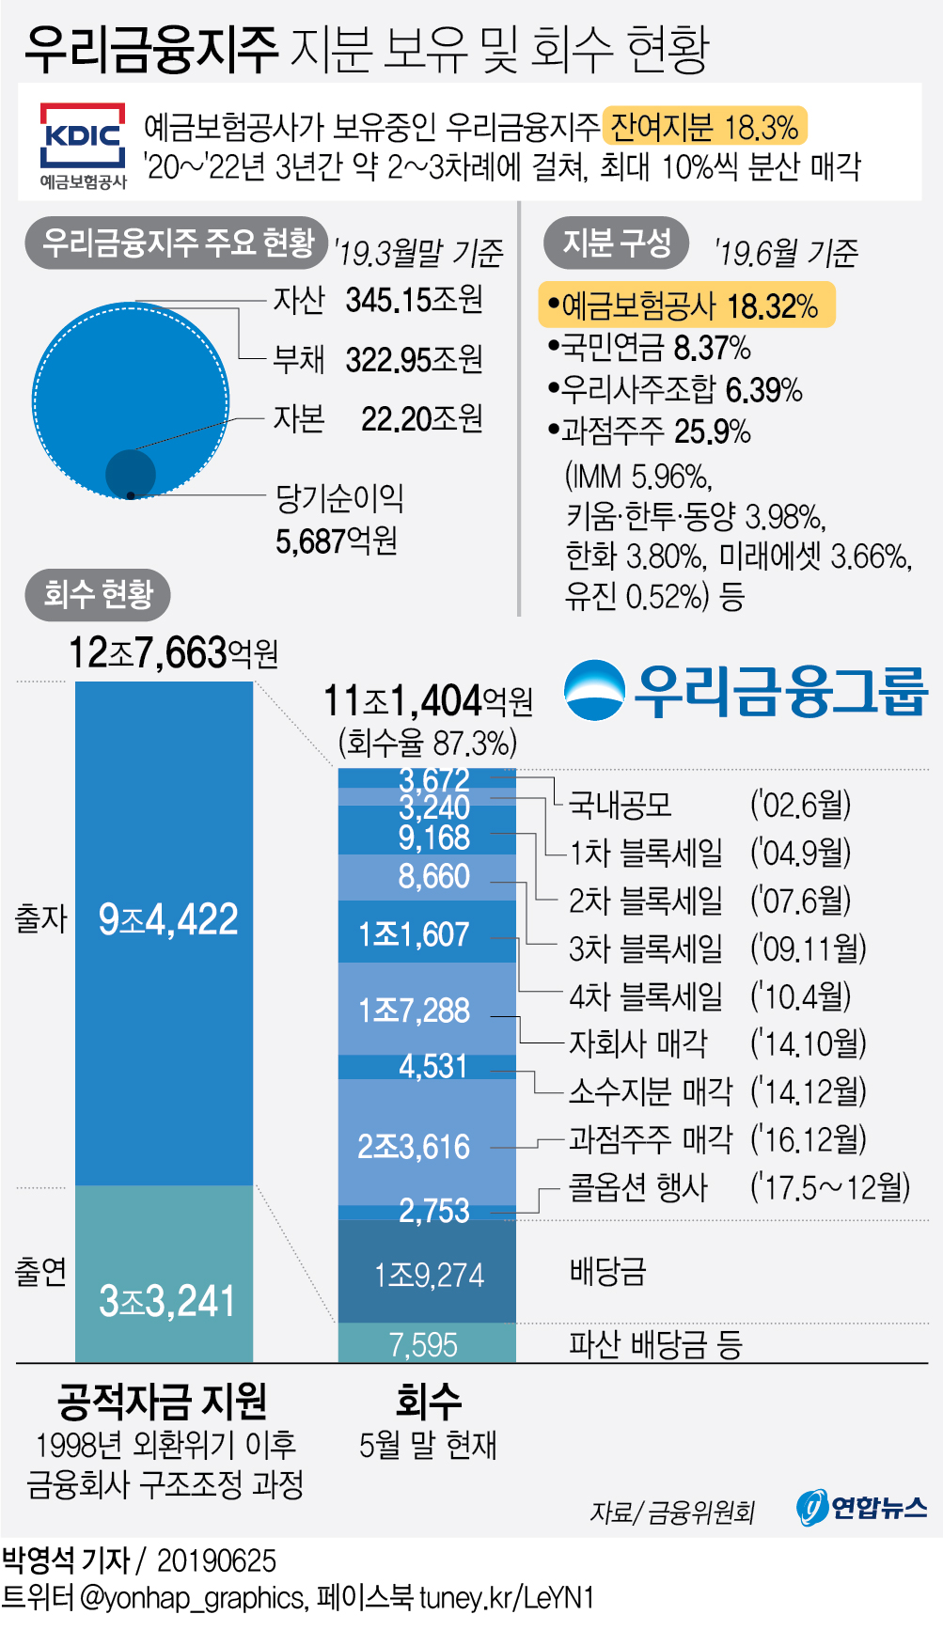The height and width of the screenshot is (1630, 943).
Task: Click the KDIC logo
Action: tap(83, 143)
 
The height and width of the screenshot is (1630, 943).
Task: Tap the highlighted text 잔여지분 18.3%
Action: tap(704, 126)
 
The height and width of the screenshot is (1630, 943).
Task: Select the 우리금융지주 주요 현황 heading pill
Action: tap(177, 243)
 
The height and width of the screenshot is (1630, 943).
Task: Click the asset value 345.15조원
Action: tap(414, 300)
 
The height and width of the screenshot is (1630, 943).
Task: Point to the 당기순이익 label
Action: tap(338, 498)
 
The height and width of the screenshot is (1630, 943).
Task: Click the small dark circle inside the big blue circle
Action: tap(130, 473)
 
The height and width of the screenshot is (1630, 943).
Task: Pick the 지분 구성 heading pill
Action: tap(616, 243)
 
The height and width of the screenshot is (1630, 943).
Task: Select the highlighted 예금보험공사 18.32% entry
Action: tap(685, 306)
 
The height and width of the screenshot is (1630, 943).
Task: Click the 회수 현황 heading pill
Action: tap(99, 594)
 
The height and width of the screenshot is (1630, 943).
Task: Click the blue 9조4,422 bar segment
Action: tap(165, 931)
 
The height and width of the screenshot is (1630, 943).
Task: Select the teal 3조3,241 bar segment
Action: tap(165, 1274)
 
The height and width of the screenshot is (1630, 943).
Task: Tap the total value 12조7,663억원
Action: tap(173, 652)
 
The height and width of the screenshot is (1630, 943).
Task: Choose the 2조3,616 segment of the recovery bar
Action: tap(427, 1144)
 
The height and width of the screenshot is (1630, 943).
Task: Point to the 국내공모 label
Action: tap(621, 804)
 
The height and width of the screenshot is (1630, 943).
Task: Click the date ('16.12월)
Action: tap(808, 1139)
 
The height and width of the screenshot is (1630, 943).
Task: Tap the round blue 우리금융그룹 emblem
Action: tap(594, 691)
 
